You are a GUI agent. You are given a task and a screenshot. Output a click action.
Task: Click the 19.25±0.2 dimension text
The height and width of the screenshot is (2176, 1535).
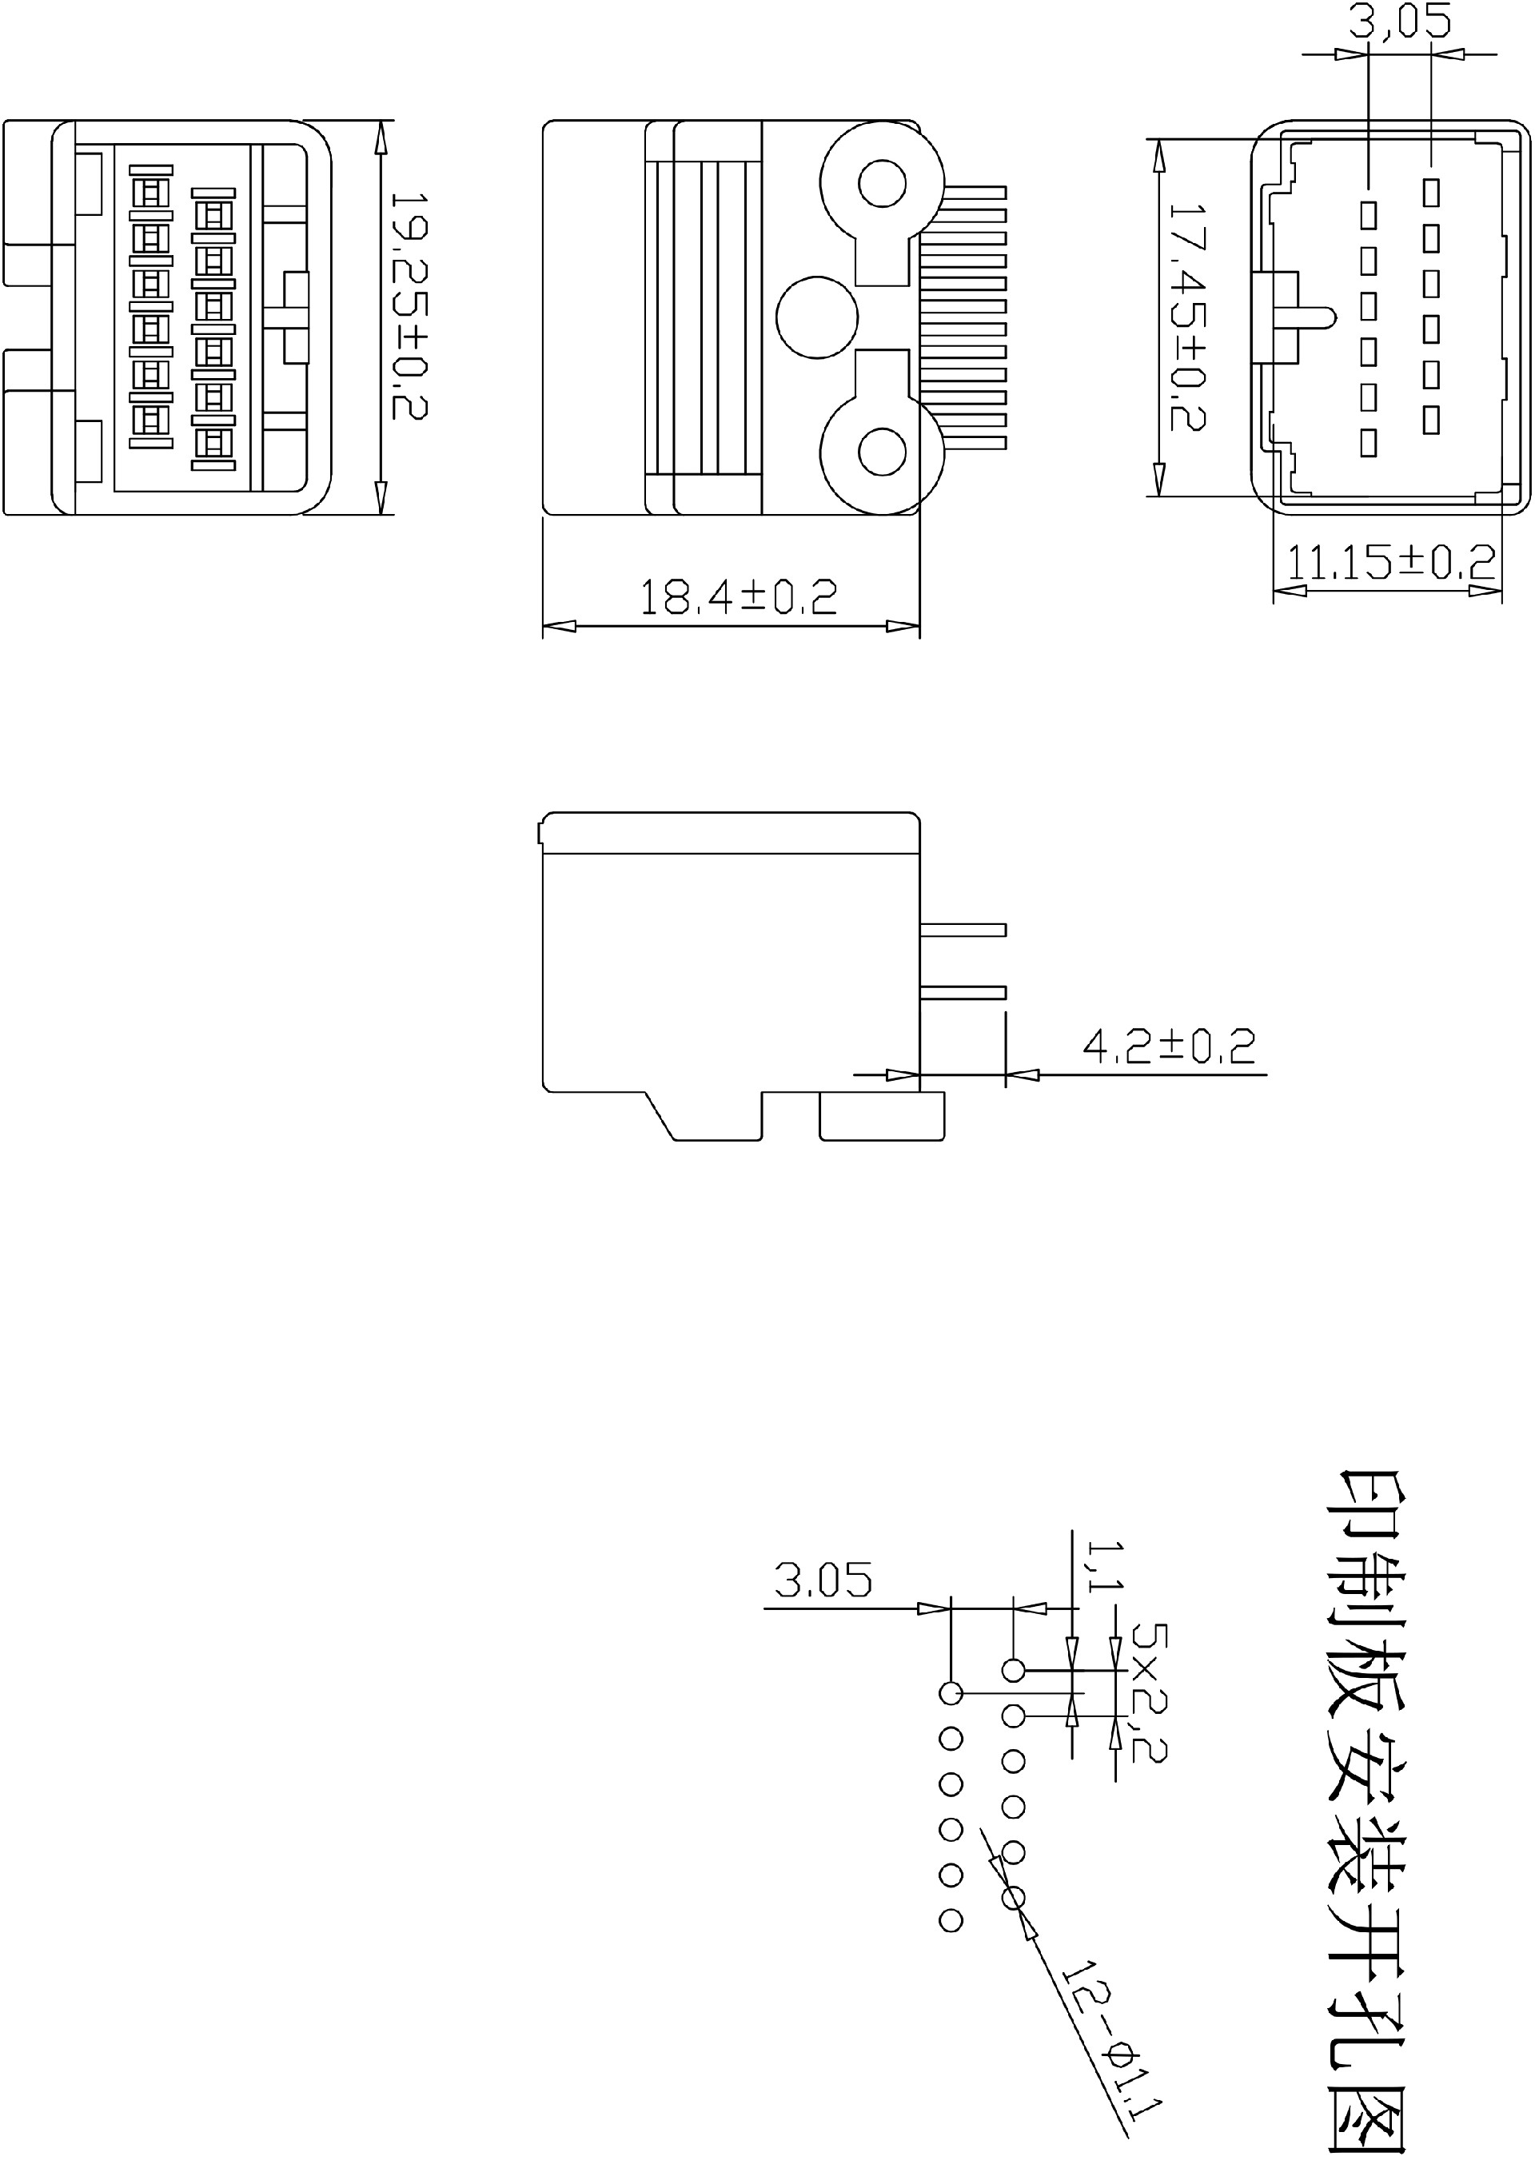(x=409, y=305)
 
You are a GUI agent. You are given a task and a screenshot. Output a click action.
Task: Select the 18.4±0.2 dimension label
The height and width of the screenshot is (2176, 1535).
(x=738, y=597)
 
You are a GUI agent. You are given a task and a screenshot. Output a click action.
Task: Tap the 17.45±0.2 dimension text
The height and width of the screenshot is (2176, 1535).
(x=1186, y=317)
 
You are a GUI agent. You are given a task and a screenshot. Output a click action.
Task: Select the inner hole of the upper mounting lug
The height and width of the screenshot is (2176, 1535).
(x=881, y=182)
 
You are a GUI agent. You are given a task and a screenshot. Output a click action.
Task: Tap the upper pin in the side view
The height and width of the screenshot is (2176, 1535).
(x=963, y=930)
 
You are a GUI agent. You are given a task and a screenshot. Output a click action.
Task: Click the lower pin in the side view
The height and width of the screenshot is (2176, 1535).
(x=963, y=992)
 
